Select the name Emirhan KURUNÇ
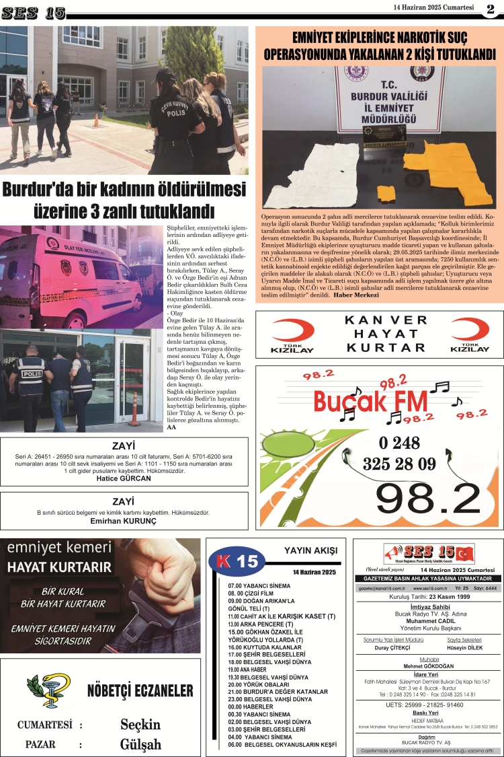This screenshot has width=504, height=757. (123, 521)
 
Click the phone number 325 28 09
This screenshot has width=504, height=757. (399, 464)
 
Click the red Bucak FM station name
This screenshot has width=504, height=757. (370, 402)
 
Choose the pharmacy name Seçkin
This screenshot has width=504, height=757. (140, 724)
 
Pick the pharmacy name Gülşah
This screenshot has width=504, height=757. (140, 744)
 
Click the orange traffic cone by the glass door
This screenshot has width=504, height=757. (134, 410)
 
